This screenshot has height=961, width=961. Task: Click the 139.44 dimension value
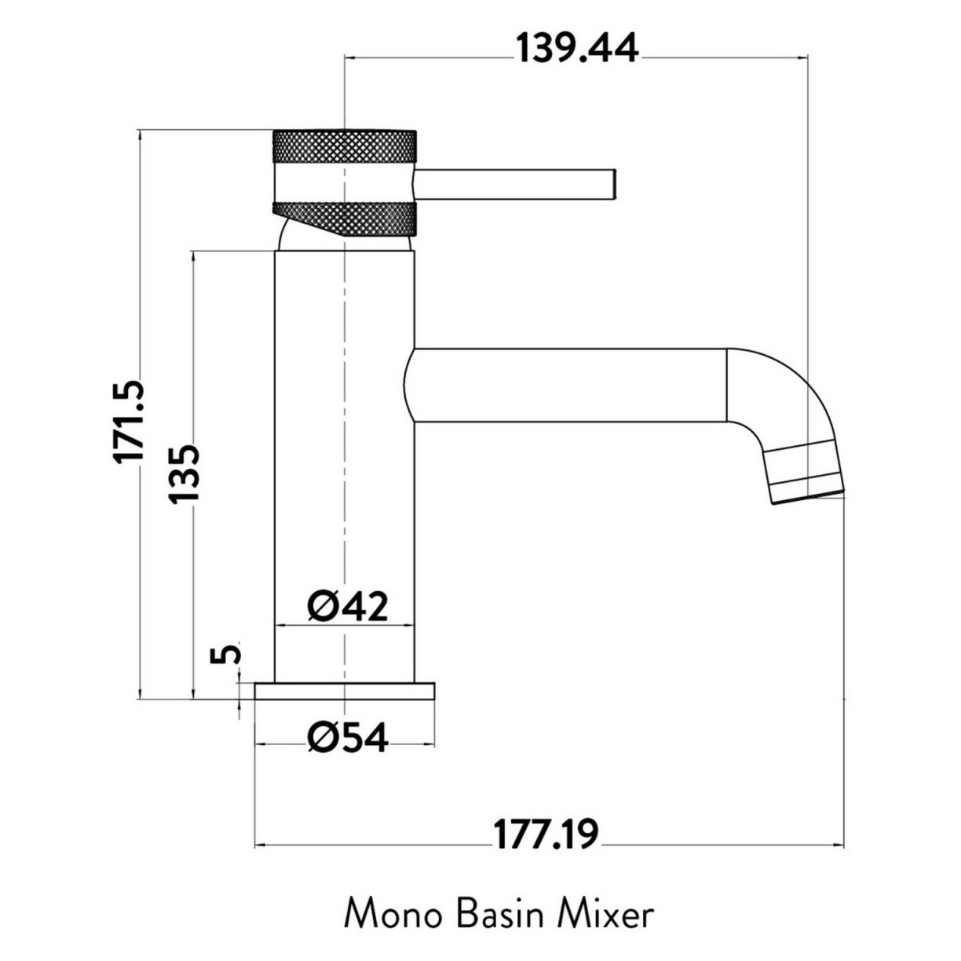click(577, 49)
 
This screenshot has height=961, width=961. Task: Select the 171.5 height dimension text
click(130, 422)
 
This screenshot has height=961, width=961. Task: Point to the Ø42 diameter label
click(347, 607)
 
